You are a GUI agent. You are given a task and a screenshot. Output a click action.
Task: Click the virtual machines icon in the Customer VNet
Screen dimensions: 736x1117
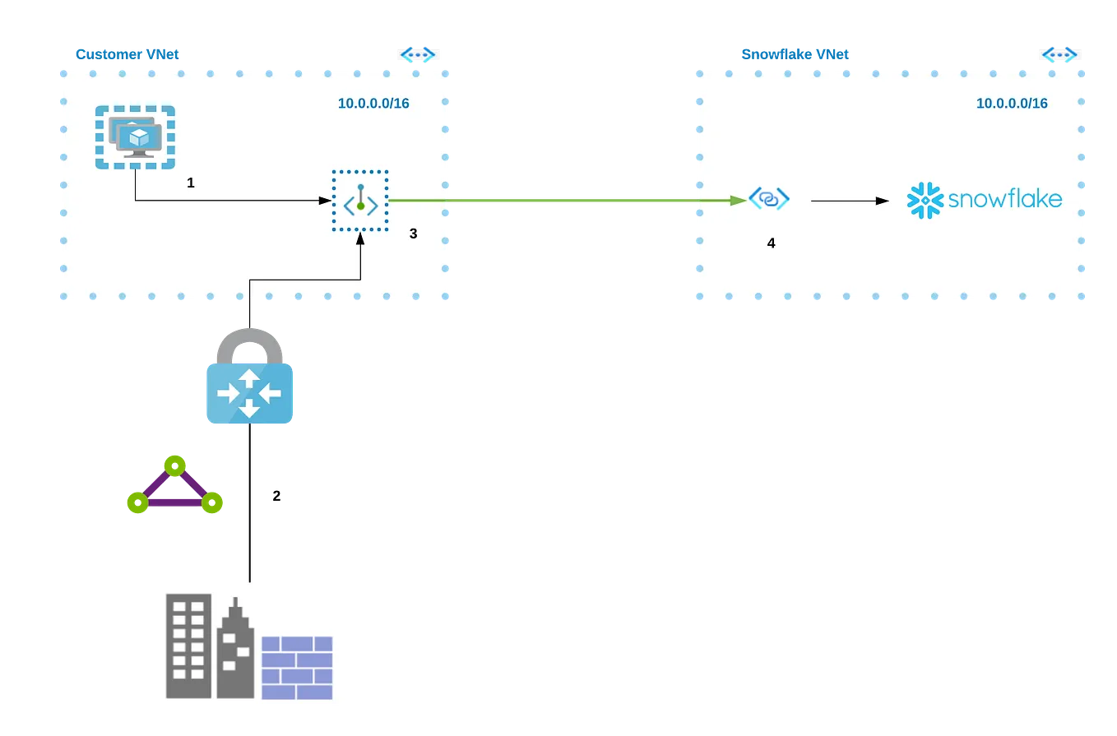click(x=135, y=137)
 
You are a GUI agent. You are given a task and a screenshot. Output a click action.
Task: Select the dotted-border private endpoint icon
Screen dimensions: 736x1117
click(x=360, y=201)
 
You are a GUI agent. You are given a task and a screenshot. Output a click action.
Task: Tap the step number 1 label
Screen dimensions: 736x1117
click(x=191, y=183)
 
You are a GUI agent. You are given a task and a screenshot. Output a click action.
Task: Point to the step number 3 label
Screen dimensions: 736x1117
click(x=413, y=234)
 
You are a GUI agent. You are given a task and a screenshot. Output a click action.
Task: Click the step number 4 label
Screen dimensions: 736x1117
click(x=771, y=243)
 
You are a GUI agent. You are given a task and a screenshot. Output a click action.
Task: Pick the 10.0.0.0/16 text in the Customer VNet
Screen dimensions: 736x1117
click(x=373, y=104)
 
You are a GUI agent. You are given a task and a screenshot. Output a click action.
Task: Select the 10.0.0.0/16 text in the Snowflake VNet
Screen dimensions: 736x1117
click(x=1012, y=104)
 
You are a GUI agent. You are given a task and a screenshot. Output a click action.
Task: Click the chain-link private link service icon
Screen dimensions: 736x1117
click(x=768, y=199)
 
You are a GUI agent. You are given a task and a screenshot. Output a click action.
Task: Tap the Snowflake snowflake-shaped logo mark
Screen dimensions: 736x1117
click(x=924, y=201)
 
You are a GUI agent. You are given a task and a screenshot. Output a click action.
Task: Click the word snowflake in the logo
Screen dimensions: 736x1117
click(x=1004, y=200)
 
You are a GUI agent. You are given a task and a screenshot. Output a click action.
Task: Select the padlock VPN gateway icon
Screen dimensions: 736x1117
click(x=249, y=377)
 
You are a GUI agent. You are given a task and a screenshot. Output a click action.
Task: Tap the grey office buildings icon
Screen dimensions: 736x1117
click(x=210, y=647)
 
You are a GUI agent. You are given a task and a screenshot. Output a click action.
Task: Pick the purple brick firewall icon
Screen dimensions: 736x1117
click(x=297, y=667)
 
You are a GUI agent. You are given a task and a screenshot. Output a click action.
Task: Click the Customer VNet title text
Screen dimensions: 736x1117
click(x=127, y=54)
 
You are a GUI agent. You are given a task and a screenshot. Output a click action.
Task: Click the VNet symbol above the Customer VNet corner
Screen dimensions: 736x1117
click(x=418, y=55)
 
